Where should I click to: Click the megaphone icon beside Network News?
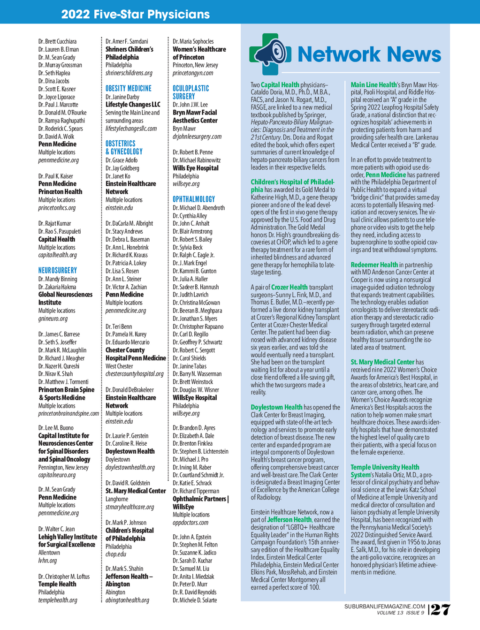270,54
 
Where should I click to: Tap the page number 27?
441,609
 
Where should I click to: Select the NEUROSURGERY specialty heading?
58,271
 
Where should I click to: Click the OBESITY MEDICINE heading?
129,89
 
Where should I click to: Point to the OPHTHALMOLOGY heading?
194,199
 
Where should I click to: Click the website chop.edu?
116,554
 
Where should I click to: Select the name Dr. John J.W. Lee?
190,105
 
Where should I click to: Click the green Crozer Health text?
289,287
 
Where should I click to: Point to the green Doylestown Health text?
276,407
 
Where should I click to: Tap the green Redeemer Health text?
374,265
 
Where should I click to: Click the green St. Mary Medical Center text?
382,362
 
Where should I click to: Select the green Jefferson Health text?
289,519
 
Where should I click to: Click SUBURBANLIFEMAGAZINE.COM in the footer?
385,607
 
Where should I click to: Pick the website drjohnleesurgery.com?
197,137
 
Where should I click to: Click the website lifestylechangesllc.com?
131,129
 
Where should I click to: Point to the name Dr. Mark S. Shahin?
124,569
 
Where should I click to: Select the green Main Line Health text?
373,85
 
